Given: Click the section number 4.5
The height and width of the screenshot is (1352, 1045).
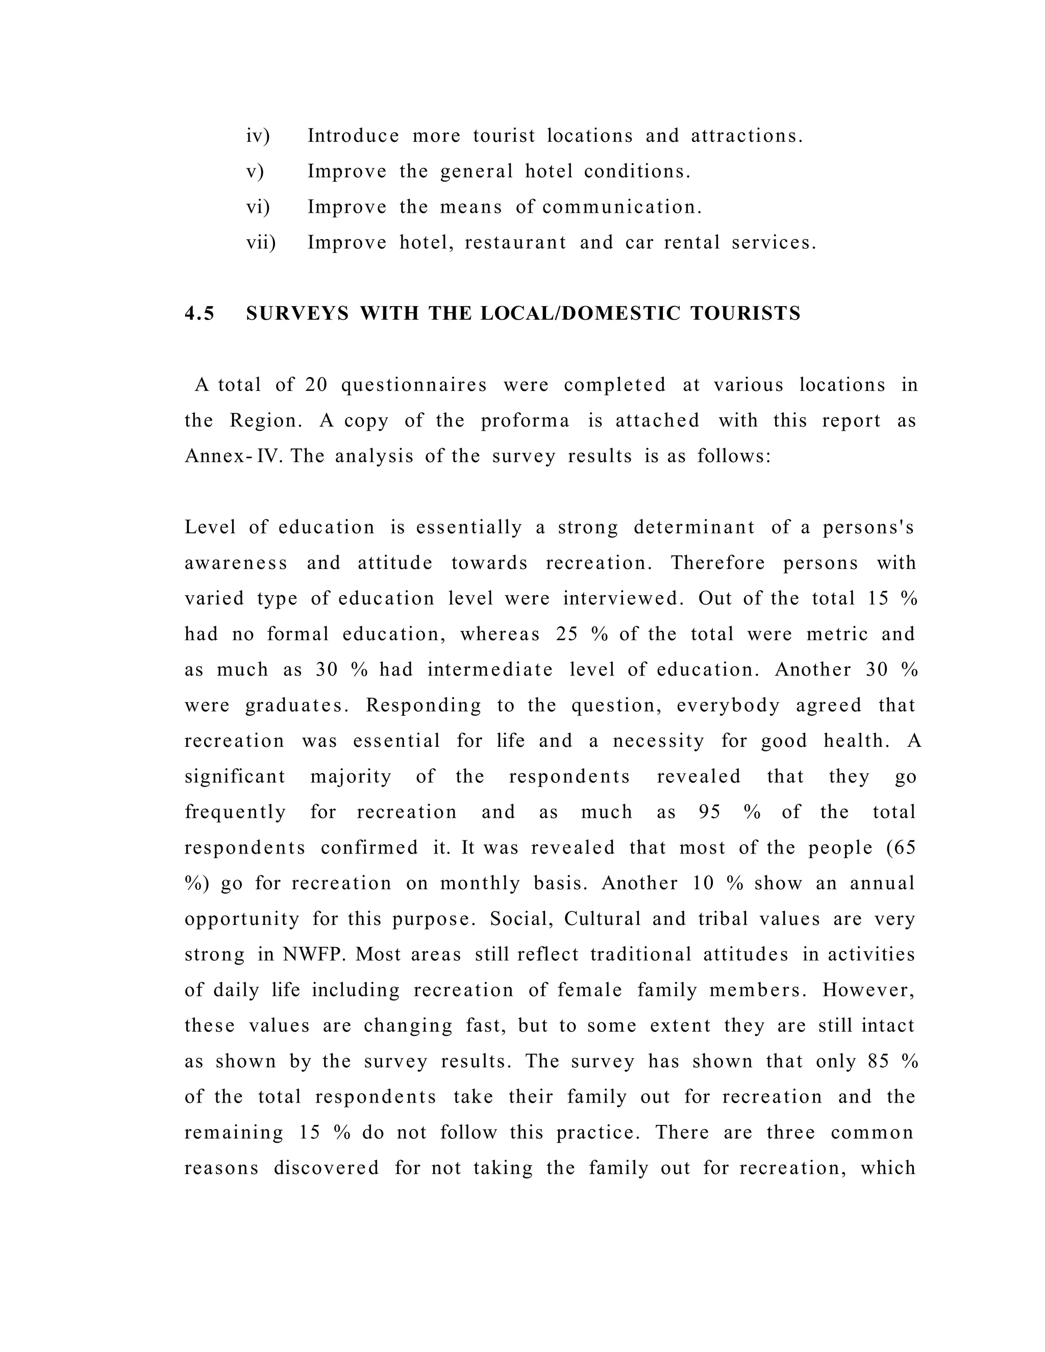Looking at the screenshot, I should [200, 313].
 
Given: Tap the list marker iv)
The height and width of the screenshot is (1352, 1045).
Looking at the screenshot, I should [258, 136].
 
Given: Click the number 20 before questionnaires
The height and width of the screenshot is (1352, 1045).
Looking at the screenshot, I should [316, 385].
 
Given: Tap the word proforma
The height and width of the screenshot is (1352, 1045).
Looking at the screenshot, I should [525, 420].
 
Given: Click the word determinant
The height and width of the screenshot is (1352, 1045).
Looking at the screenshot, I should [694, 528].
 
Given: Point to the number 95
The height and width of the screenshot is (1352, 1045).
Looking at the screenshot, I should [709, 812].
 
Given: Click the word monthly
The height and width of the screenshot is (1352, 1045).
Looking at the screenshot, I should [480, 883].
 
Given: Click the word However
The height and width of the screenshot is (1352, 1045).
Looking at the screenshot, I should [868, 990].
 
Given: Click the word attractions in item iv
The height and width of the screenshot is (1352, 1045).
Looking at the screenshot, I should [746, 136].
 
